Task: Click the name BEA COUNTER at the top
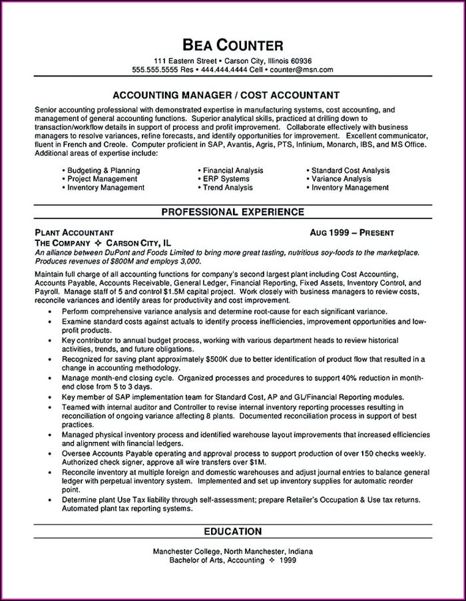pyautogui.click(x=233, y=45)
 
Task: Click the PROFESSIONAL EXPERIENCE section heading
pyautogui.click(x=233, y=212)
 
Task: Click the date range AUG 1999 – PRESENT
pyautogui.click(x=352, y=233)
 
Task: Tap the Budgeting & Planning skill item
pyautogui.click(x=103, y=170)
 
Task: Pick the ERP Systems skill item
pyautogui.click(x=226, y=179)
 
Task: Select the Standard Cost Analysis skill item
pyautogui.click(x=351, y=170)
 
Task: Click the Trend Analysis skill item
pyautogui.click(x=228, y=188)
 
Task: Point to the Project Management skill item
pyautogui.click(x=103, y=179)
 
